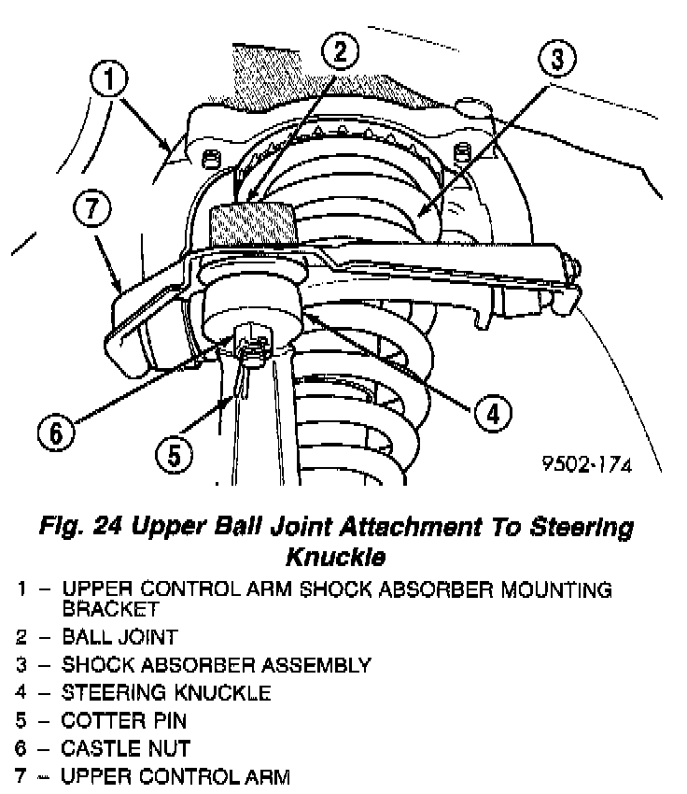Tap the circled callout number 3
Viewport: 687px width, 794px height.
click(x=556, y=59)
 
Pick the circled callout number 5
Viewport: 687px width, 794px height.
click(x=174, y=457)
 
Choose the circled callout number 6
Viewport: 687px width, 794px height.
click(x=56, y=432)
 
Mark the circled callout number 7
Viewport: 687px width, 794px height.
click(x=91, y=210)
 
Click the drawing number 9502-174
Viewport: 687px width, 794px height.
click(x=585, y=464)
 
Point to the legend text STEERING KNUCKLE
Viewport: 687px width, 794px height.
click(x=166, y=693)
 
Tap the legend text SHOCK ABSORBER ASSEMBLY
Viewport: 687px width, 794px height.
click(x=216, y=665)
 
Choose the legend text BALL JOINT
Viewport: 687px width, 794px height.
click(x=119, y=637)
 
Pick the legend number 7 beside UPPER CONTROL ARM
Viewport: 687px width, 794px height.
click(x=21, y=775)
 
